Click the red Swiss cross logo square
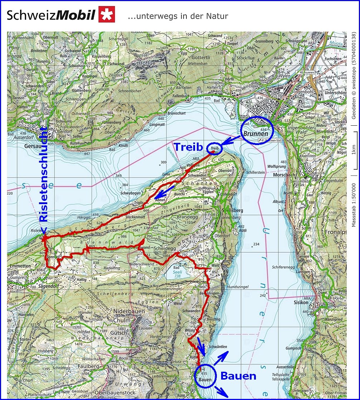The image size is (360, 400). (x=107, y=14)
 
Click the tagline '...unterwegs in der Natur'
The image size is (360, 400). (x=177, y=16)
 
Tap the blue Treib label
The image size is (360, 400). (x=188, y=147)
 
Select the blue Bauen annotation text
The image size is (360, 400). (x=238, y=376)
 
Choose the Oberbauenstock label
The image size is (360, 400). (x=119, y=392)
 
